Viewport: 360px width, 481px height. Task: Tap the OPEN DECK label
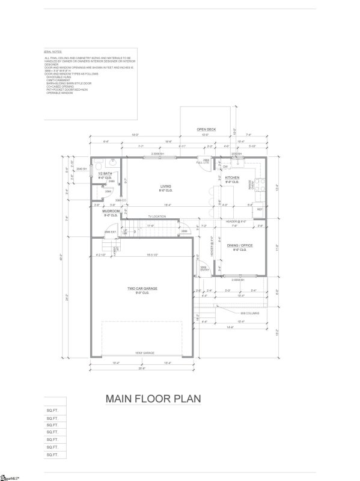point(207,129)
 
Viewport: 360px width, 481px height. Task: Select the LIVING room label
point(166,187)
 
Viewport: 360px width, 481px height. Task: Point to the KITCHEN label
point(233,178)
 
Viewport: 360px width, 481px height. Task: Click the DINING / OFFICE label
point(239,246)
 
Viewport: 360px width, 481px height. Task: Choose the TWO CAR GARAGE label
point(142,289)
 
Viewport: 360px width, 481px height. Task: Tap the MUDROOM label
point(111,212)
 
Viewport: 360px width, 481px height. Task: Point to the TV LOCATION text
point(157,216)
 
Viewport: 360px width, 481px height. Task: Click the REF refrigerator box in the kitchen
point(260,209)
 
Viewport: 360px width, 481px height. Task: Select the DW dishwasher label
point(225,167)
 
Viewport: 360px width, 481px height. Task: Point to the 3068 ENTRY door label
point(204,268)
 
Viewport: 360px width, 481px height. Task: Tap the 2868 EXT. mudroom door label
point(110,231)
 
